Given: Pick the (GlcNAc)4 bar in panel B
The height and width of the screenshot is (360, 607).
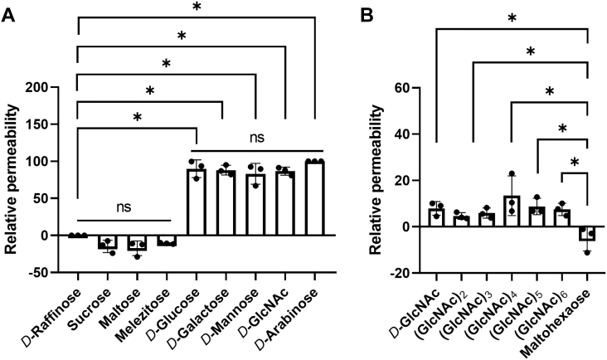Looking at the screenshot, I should pyautogui.click(x=512, y=212).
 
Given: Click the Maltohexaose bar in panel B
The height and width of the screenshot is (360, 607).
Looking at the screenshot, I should pyautogui.click(x=587, y=233).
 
